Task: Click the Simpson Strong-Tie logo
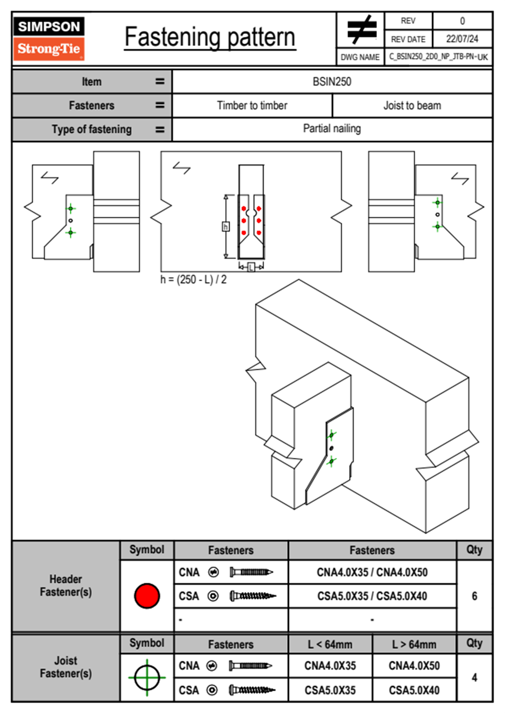point(49,38)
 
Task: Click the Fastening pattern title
point(210,37)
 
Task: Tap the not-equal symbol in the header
point(362,30)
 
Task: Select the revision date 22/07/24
point(462,39)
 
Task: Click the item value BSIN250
point(332,82)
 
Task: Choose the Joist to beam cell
point(412,105)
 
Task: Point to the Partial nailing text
point(332,129)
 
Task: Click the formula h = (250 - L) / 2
point(194,280)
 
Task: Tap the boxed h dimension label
point(226,227)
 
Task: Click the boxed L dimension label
point(251,267)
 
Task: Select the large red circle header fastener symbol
point(147,596)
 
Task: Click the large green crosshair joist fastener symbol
point(147,677)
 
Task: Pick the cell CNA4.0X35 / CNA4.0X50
point(372,572)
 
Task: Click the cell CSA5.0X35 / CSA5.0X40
point(372,596)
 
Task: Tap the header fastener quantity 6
point(474,596)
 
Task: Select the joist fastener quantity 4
point(474,677)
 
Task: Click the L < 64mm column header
point(330,644)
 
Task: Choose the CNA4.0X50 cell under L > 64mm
point(414,666)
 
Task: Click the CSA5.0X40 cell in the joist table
point(414,690)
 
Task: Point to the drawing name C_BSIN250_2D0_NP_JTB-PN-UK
point(438,56)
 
